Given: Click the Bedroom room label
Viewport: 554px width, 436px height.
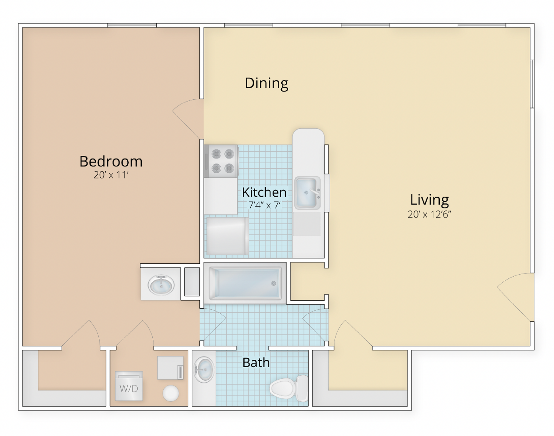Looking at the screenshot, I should point(111,161).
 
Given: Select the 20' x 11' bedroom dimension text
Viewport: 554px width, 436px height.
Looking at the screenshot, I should point(111,175).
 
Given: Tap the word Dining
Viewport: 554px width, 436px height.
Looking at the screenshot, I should point(266,83).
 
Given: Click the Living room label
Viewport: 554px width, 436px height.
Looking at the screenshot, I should point(429,200).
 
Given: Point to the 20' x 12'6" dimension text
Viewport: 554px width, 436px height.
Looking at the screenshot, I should point(429,214).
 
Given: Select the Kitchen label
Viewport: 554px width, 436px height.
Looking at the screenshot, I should point(264,192).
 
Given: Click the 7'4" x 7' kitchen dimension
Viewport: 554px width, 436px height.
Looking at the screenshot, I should point(264,205).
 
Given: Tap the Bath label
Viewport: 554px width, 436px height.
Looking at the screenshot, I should point(256,363).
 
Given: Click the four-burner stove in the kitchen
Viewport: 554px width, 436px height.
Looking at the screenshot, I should point(222,161).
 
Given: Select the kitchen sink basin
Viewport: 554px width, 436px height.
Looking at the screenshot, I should point(307,193).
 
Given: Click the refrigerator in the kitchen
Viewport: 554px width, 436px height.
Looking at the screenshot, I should point(227,236).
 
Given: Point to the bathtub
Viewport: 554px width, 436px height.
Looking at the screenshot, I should point(245,283).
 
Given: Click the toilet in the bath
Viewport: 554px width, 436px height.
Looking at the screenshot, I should point(289,388).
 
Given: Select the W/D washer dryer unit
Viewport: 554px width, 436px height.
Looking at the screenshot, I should point(129,386).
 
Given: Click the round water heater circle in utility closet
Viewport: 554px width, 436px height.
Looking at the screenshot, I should point(171,393).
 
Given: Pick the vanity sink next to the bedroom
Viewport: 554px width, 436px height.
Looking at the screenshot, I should point(161,285).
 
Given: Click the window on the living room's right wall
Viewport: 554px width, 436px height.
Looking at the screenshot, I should point(532,84).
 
